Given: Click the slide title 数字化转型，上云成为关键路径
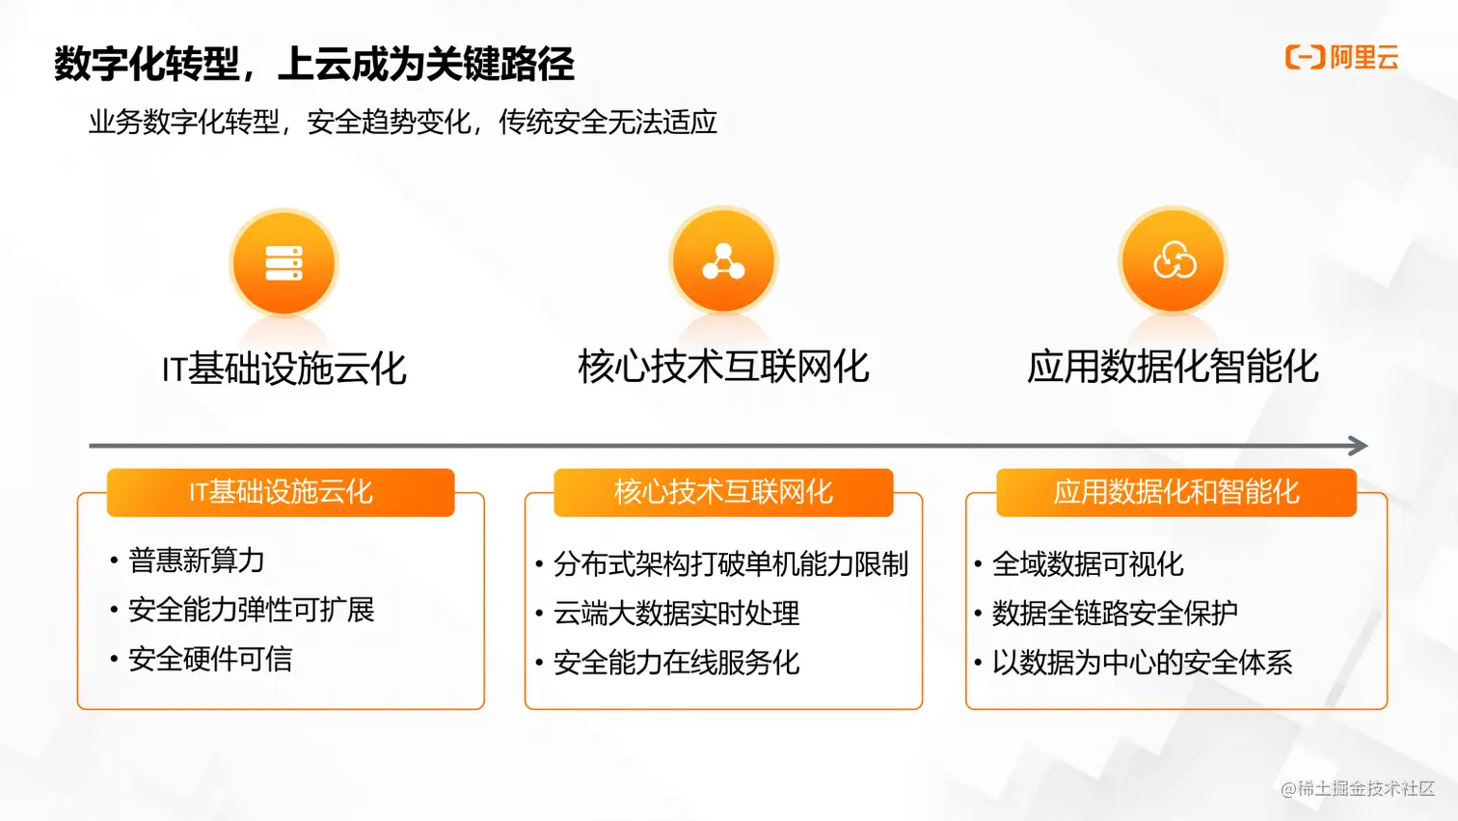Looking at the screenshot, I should (314, 65).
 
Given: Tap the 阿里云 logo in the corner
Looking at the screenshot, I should (1341, 57).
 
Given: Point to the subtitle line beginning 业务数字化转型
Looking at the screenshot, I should (403, 123).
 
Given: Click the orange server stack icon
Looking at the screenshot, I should (283, 262).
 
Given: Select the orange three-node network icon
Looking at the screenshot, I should (723, 261).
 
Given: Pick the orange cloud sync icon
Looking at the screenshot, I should (1174, 260).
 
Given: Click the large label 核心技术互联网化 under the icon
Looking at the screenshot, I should (723, 367).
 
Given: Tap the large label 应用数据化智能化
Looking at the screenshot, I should (1173, 367).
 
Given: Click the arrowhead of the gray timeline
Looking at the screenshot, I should (1359, 446).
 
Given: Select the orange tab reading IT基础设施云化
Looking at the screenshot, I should (281, 492).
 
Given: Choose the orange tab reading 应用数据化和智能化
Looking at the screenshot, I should (1176, 492).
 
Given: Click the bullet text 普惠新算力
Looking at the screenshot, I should (197, 561).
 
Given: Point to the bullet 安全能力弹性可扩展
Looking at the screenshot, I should (251, 610).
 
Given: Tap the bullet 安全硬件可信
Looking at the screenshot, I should (210, 659).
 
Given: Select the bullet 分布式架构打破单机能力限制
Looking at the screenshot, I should (731, 564).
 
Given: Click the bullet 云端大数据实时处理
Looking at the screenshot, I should (676, 614).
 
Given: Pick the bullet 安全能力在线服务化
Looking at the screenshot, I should (676, 663).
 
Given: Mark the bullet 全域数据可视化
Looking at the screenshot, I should (1088, 564).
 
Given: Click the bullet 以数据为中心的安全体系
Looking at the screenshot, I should (1142, 663).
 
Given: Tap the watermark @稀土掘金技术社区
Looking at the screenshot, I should (1358, 788).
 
